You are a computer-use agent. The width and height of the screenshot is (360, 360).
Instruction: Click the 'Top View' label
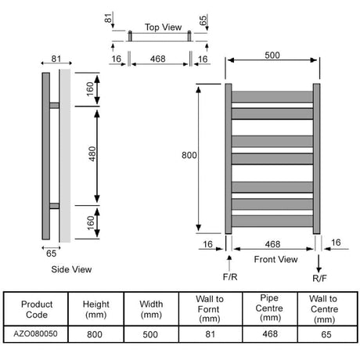tap(163, 27)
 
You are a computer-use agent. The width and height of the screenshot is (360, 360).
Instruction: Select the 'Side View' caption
tap(71, 269)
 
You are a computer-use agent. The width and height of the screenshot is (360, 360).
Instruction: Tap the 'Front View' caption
tap(275, 259)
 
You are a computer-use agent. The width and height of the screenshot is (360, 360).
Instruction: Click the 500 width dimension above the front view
tap(272, 56)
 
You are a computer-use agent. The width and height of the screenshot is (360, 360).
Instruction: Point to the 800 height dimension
tap(189, 155)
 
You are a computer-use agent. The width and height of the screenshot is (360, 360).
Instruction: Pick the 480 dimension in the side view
tap(92, 154)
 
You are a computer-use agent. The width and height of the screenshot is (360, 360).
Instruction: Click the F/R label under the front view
tap(230, 277)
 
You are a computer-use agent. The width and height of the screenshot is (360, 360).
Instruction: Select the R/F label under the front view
tap(319, 279)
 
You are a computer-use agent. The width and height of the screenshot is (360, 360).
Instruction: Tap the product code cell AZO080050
tap(35, 333)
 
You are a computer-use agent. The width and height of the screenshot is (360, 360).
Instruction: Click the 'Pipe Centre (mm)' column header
tap(269, 308)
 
